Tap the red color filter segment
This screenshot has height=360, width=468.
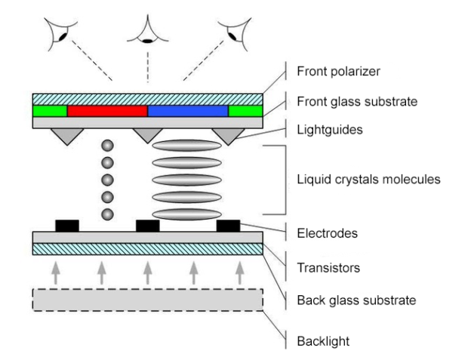coord(107,111)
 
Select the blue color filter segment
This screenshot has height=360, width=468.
coord(188,111)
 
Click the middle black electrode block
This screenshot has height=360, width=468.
coord(147,225)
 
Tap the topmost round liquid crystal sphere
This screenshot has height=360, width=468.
coord(107,146)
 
